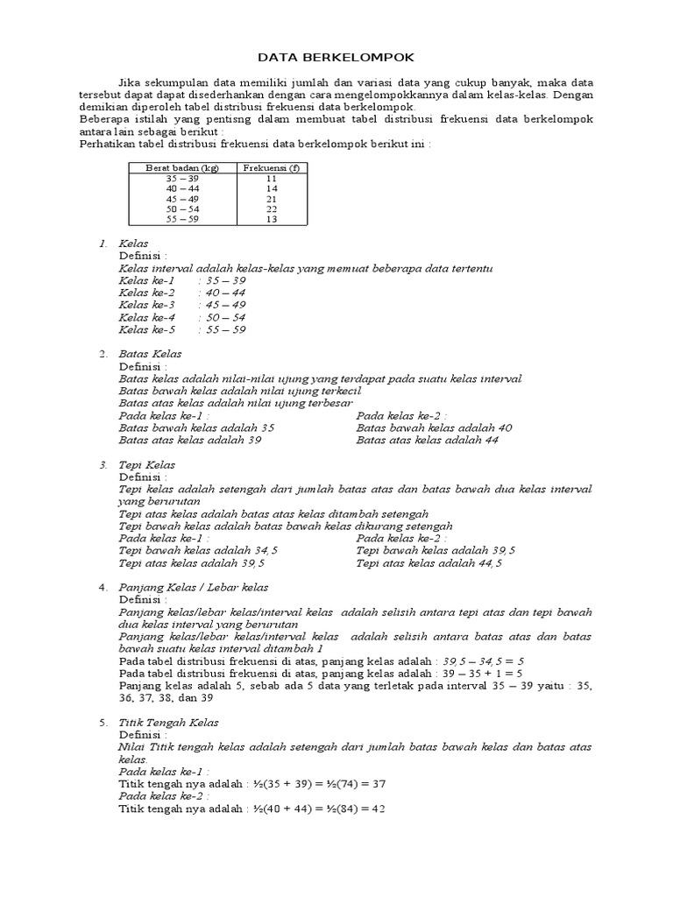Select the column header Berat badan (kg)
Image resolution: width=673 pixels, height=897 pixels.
coord(182,167)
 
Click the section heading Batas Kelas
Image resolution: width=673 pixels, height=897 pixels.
coord(150,354)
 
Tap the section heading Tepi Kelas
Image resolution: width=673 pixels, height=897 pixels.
coord(147,464)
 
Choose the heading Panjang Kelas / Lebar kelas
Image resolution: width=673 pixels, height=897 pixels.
coord(194,587)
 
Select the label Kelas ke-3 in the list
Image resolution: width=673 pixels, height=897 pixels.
coord(147,305)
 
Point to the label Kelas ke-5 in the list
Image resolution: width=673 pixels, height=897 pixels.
coord(147,329)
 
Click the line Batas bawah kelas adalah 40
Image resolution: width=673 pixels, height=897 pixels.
coord(434,427)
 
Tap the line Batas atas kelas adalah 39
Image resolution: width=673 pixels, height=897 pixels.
coord(190,440)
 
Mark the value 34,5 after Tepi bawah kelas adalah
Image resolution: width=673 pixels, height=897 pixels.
coord(266,550)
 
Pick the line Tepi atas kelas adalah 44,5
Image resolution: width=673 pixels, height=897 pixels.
coord(429,563)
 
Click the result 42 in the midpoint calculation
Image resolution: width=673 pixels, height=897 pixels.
coord(379,809)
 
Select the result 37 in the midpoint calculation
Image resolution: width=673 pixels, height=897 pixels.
coord(379,785)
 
